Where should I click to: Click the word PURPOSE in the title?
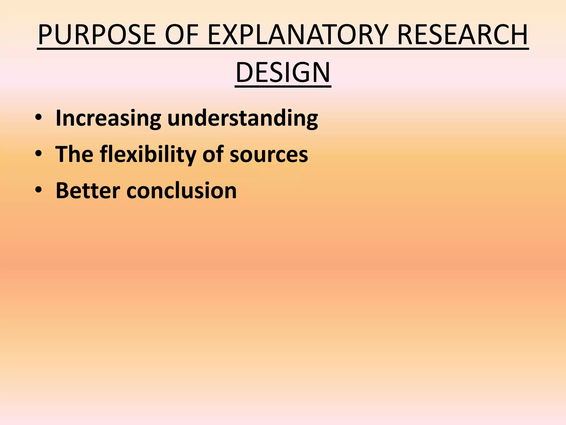(x=97, y=35)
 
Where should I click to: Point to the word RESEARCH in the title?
(x=462, y=35)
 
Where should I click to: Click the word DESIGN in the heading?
(x=283, y=72)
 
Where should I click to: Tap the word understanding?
(x=243, y=118)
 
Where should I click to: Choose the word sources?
(x=269, y=154)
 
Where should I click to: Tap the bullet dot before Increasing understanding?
(x=38, y=118)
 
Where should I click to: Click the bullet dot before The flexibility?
(x=38, y=154)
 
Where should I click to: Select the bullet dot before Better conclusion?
(x=38, y=190)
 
